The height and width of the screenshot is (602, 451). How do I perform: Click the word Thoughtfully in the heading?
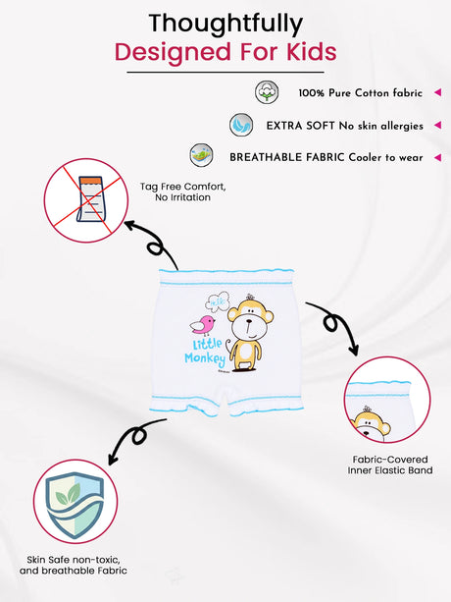click(x=225, y=25)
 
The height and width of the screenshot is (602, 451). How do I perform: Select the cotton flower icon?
click(x=267, y=92)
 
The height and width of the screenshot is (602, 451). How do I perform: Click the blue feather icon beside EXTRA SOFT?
click(x=241, y=125)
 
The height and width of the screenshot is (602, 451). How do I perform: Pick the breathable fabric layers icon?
click(x=202, y=155)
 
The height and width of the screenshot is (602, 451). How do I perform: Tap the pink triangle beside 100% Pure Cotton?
click(x=437, y=92)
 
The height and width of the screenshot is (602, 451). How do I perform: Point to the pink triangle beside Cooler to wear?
click(x=437, y=157)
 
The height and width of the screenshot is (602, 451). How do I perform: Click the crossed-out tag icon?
click(x=86, y=200)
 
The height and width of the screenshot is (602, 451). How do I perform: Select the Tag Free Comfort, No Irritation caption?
click(x=182, y=192)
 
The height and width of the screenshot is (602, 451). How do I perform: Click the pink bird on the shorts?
click(x=203, y=325)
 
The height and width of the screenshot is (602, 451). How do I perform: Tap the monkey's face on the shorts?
click(x=249, y=320)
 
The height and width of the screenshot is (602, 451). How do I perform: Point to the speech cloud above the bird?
click(x=218, y=301)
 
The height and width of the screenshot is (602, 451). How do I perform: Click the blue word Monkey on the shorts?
click(x=205, y=359)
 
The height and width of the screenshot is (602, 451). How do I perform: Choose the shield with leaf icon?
click(x=75, y=502)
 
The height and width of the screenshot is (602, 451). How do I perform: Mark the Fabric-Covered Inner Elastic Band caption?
click(x=390, y=465)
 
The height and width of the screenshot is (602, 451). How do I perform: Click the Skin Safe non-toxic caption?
click(x=74, y=565)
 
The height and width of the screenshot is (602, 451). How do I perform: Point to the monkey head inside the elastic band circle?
click(x=370, y=424)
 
